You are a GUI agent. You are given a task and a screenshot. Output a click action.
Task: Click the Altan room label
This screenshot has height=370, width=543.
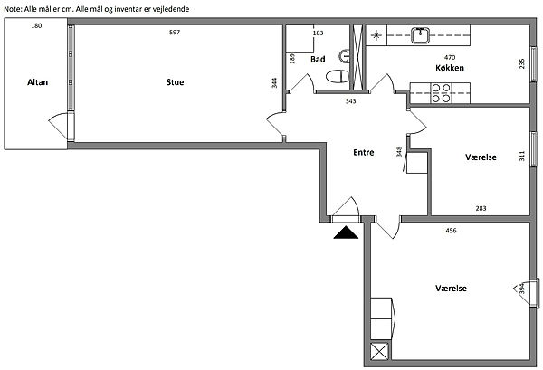click(x=37, y=82)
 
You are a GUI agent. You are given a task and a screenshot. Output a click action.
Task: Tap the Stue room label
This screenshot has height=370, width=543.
click(x=175, y=82)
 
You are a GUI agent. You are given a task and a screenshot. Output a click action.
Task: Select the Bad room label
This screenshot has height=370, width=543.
click(x=318, y=59)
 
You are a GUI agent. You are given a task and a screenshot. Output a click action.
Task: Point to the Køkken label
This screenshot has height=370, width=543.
click(x=450, y=68)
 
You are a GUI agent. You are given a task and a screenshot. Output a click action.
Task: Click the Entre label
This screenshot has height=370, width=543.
click(x=363, y=152)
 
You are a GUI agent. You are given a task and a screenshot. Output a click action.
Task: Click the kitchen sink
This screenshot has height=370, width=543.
click(x=421, y=35)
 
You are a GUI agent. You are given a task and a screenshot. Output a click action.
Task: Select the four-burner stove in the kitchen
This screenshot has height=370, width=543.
click(x=441, y=93)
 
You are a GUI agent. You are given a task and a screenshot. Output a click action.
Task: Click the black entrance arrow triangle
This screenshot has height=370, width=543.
click(x=346, y=232)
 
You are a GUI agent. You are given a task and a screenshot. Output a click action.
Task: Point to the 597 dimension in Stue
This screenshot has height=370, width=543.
click(x=175, y=33)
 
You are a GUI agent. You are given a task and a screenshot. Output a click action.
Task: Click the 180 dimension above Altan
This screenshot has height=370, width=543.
click(x=36, y=25)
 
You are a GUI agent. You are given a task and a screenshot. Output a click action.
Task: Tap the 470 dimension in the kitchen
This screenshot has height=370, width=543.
click(x=450, y=57)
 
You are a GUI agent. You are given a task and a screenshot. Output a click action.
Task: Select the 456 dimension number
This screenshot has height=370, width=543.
click(x=451, y=230)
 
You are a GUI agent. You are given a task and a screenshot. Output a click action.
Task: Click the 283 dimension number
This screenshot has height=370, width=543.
click(x=481, y=208)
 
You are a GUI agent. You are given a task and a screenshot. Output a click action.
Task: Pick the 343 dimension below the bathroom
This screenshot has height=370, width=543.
click(x=350, y=101)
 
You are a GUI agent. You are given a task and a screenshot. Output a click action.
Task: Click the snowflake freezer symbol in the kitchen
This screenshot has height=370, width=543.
click(x=376, y=35)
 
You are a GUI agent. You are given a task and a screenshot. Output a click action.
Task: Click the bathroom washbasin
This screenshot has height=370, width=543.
click(x=344, y=56)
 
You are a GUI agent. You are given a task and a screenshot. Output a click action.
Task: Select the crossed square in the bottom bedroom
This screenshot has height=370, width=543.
click(x=379, y=352)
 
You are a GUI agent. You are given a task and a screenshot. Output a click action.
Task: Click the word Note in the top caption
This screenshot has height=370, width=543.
click(x=13, y=9)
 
